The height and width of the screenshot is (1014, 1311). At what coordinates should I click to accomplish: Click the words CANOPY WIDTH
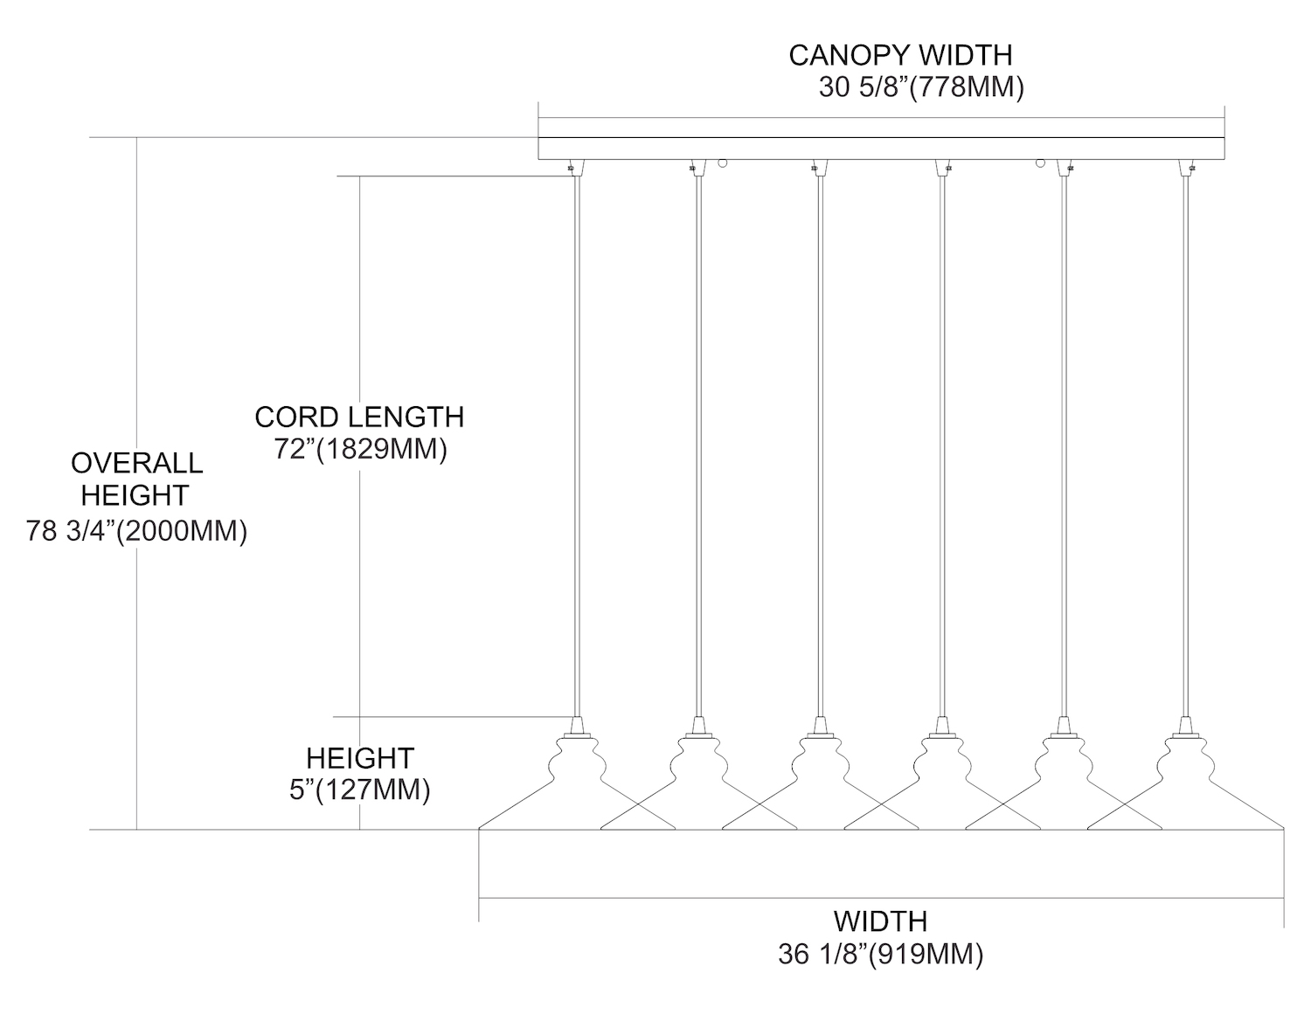point(900,55)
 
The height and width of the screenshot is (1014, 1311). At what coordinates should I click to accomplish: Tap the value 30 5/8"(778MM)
point(921,88)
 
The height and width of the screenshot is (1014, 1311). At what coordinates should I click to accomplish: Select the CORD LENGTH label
point(359,417)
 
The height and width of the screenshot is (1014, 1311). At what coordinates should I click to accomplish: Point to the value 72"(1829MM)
point(360,450)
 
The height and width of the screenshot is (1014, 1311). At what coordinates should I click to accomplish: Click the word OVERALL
point(136,462)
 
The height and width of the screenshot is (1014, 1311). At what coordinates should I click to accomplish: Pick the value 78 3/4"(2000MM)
point(136,530)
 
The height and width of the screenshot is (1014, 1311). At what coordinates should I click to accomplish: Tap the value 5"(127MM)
point(359,790)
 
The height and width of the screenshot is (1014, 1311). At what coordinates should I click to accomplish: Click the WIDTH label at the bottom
point(880,921)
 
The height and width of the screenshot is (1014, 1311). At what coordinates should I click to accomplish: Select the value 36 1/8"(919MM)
point(880,955)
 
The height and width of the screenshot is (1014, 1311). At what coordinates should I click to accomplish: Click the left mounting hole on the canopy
point(723,162)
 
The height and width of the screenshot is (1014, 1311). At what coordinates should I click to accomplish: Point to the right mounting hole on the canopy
point(1041,162)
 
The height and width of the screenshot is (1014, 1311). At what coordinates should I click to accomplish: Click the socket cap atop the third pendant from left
point(819,726)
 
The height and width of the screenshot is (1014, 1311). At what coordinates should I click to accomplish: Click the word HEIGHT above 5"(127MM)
point(359,757)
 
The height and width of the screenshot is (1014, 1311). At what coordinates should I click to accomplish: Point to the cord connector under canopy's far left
point(574,166)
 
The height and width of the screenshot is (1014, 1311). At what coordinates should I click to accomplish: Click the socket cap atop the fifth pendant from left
point(1064,726)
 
